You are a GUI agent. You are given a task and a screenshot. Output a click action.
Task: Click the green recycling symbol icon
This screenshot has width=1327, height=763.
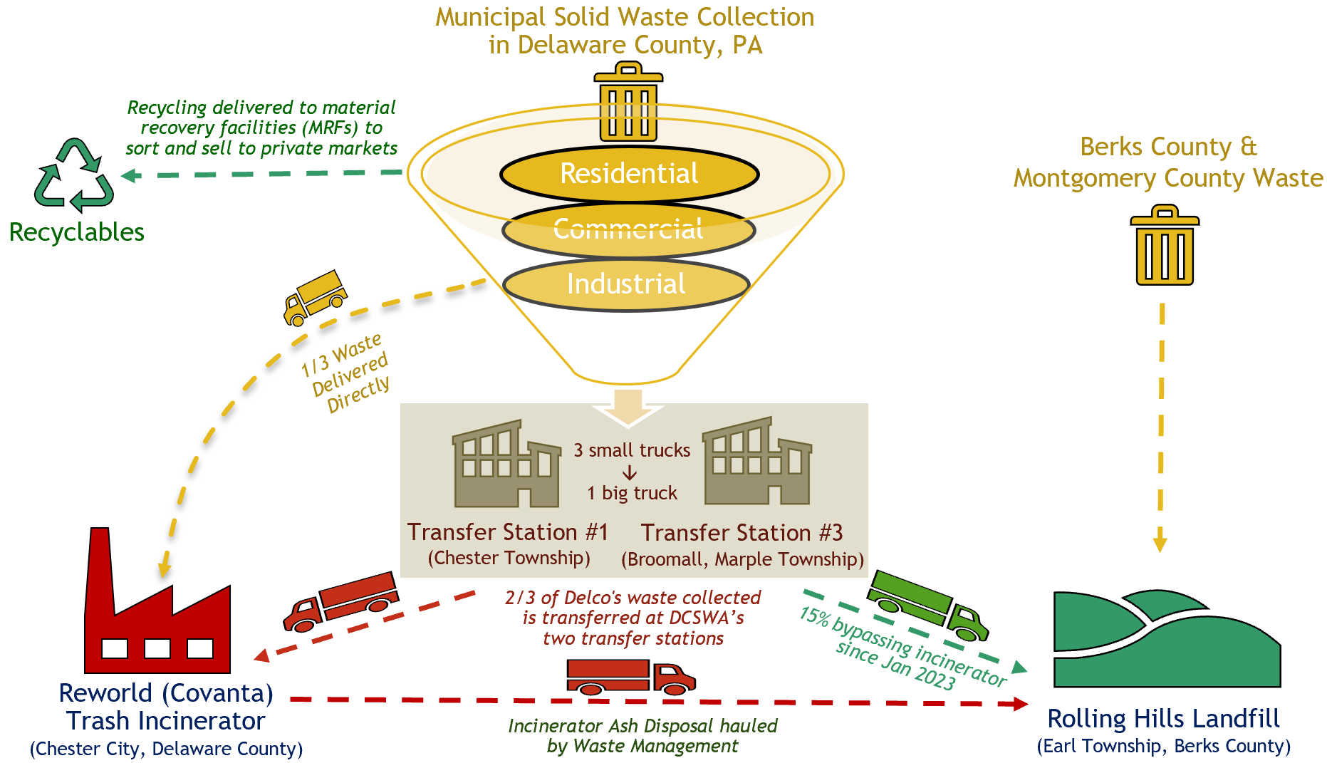pyautogui.click(x=74, y=176)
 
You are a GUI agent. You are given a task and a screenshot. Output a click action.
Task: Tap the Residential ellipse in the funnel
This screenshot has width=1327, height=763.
pyautogui.click(x=629, y=174)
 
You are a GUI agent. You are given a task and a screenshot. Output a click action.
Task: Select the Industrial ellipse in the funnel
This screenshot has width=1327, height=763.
pyautogui.click(x=626, y=284)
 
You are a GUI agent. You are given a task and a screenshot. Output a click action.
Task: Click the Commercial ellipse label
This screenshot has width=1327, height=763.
pyautogui.click(x=628, y=229)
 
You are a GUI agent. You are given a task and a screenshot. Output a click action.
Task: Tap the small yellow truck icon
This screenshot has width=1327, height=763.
pyautogui.click(x=314, y=298)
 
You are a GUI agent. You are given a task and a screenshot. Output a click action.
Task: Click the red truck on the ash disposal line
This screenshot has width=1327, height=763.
pyautogui.click(x=630, y=676)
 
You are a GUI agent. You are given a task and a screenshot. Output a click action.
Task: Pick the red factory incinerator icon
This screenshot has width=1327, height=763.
pyautogui.click(x=157, y=613)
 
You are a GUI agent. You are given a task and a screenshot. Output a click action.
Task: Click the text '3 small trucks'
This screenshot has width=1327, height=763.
pyautogui.click(x=632, y=450)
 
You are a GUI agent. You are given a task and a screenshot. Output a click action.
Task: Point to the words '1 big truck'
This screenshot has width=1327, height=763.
pyautogui.click(x=632, y=493)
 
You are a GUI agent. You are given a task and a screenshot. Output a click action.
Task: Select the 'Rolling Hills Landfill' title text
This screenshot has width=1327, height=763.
pyautogui.click(x=1163, y=718)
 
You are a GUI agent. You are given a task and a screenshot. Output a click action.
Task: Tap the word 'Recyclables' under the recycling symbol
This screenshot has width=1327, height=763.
pyautogui.click(x=76, y=232)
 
